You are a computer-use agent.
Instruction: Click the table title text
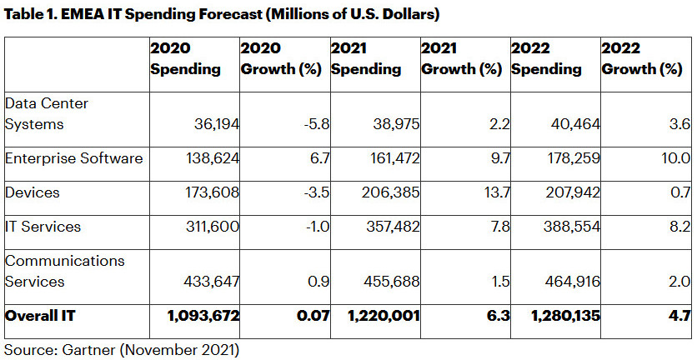tap(221, 14)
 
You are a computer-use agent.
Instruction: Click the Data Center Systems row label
tap(48, 113)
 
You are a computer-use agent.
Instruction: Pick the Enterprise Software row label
tap(74, 157)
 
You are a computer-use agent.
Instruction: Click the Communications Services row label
tap(65, 271)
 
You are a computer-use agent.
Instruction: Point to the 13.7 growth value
tap(489, 192)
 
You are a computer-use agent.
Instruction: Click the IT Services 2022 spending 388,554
tap(569, 226)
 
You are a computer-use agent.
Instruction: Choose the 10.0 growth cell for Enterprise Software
tap(676, 158)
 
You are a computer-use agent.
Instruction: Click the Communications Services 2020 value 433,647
tap(211, 282)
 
